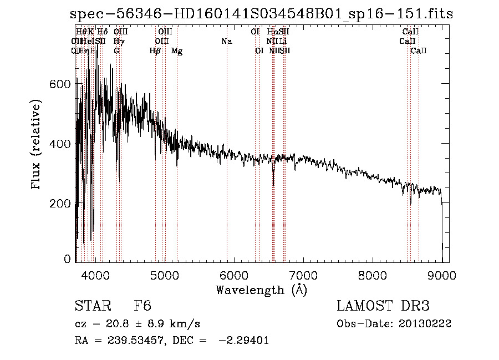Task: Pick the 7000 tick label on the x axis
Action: click(x=303, y=275)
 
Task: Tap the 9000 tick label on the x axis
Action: click(x=442, y=275)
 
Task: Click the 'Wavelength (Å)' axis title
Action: click(x=261, y=290)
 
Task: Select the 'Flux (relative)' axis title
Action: click(x=37, y=145)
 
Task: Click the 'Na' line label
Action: click(x=226, y=42)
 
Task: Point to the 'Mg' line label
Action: click(x=177, y=51)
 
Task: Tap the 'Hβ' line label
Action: click(x=155, y=51)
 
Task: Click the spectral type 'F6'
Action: click(x=142, y=306)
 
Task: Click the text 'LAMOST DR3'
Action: click(x=383, y=306)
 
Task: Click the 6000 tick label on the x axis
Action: click(x=234, y=275)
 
